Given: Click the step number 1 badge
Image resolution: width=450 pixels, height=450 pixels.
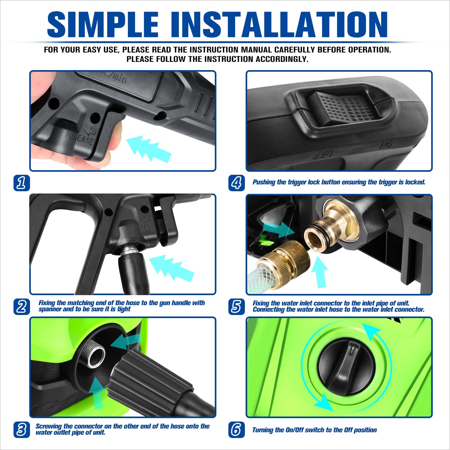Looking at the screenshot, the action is point(21,183).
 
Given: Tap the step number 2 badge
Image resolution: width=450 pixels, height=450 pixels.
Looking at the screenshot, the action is point(21,306).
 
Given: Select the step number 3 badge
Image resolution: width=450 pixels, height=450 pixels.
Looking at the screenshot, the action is point(21,430).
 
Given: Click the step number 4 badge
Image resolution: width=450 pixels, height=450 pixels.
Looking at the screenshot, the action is point(236,183).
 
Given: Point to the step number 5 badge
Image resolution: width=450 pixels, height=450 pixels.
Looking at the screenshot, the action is point(236,306).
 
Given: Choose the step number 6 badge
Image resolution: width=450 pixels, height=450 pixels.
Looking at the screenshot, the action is point(236,430).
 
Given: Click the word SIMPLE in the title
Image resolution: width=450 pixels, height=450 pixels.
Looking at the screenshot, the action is point(103,25).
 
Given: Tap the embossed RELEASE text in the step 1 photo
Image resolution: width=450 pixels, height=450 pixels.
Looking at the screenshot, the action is point(80,138).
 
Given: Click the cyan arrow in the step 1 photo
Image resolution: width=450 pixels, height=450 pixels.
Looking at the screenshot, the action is point(148,148).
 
